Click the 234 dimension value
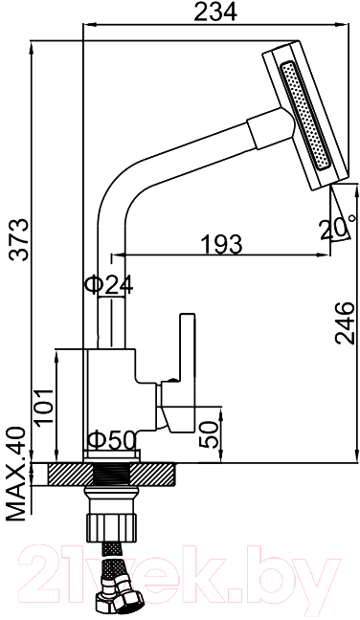215,11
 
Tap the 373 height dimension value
19,238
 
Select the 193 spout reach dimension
221,244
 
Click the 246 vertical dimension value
344,323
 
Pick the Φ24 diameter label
109,285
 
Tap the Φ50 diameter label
112,440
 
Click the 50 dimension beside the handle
210,434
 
